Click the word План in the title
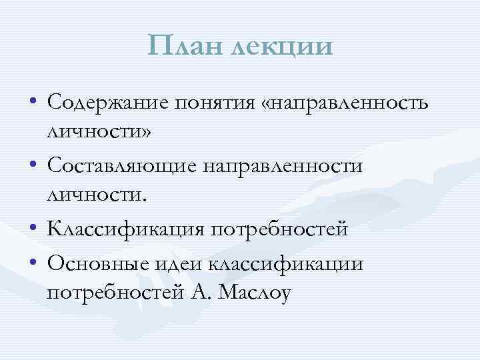[x=188, y=47]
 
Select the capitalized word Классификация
[x=122, y=229]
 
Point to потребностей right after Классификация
[x=279, y=229]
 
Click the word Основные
[x=89, y=263]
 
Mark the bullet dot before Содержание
[x=33, y=102]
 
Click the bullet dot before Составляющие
[x=33, y=165]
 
